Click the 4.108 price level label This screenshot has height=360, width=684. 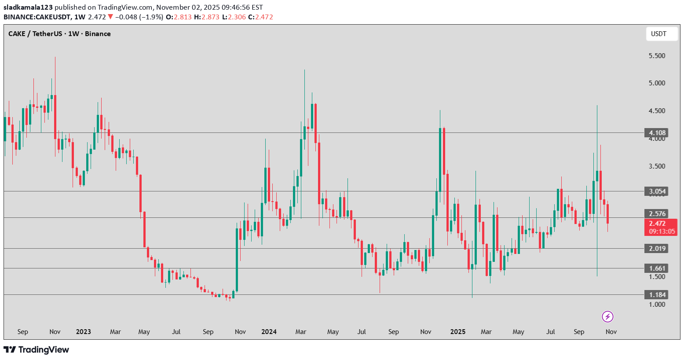658,132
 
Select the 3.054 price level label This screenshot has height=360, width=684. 658,191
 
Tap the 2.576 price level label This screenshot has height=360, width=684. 658,213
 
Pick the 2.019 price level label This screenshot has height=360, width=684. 658,248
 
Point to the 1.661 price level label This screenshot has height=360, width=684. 658,268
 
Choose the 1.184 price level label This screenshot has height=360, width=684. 658,294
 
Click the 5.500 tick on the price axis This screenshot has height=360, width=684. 657,56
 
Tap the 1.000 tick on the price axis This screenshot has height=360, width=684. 657,304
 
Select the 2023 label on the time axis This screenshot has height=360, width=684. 83,331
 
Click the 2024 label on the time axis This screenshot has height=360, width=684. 269,331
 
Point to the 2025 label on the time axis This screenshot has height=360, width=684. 458,331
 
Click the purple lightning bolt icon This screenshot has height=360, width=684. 607,316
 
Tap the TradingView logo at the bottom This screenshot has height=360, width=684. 37,350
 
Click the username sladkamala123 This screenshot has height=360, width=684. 28,7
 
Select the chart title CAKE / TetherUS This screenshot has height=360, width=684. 35,34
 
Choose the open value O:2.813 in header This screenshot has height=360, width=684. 178,17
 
